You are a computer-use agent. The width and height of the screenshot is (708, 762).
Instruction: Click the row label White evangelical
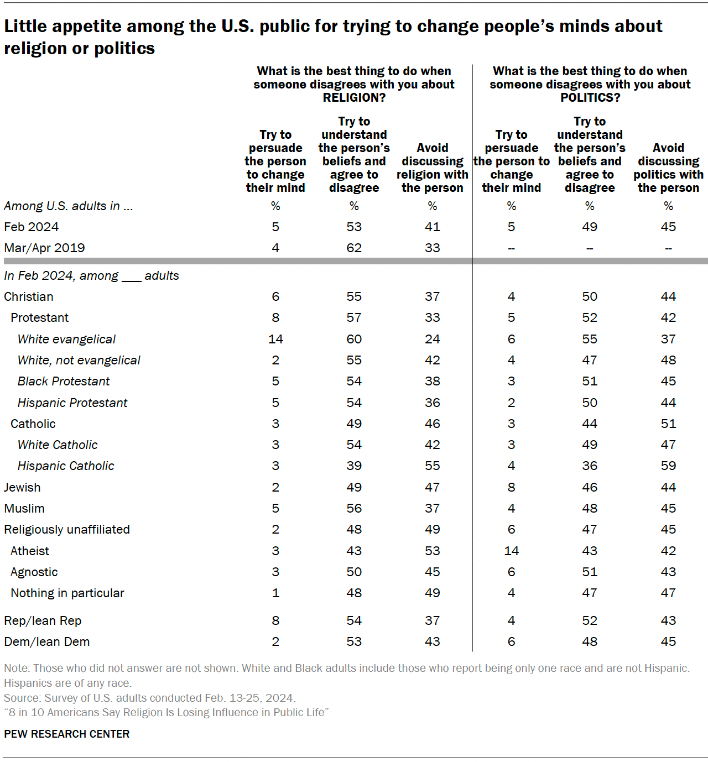(x=66, y=339)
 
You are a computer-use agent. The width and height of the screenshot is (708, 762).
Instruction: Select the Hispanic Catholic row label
(x=66, y=466)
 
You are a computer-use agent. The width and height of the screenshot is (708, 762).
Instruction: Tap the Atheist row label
(x=30, y=551)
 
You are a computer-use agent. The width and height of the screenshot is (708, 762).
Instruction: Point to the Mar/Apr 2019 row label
(x=44, y=248)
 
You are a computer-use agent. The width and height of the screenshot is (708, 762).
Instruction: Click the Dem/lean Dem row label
(x=46, y=641)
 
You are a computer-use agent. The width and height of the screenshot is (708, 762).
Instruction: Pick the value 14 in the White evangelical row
(x=275, y=339)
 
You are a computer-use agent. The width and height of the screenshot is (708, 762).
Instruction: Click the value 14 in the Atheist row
(x=511, y=551)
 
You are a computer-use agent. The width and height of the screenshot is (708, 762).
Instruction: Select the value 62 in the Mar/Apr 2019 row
(x=354, y=248)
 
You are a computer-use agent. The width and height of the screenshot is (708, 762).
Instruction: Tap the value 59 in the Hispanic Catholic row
(x=668, y=466)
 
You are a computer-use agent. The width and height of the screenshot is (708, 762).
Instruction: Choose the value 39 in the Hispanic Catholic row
(x=354, y=466)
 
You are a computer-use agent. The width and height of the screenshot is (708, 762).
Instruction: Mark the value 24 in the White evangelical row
(x=433, y=339)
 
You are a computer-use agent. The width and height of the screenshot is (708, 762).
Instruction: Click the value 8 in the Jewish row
(x=511, y=487)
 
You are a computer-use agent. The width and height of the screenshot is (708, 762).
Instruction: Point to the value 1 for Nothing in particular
(x=275, y=593)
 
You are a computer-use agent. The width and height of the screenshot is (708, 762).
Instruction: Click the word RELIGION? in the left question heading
(x=354, y=98)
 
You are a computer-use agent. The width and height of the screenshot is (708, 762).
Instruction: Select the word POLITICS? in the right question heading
(x=590, y=98)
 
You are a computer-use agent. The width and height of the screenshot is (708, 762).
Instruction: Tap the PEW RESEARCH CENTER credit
(x=66, y=734)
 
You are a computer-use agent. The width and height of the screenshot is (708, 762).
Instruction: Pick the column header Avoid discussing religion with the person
(x=433, y=168)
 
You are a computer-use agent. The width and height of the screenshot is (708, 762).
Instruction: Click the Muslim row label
(x=24, y=508)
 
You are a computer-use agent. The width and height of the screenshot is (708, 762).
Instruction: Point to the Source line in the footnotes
(x=149, y=698)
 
